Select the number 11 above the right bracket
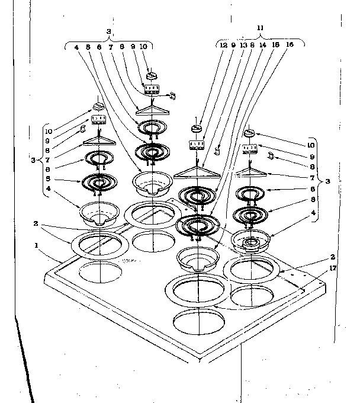point(259,28)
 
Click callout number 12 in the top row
point(223,44)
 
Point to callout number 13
point(243,44)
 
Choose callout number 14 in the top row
point(262,44)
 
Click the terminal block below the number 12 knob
point(196,145)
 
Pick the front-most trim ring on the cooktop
point(194,292)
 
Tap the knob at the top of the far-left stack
point(98,107)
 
